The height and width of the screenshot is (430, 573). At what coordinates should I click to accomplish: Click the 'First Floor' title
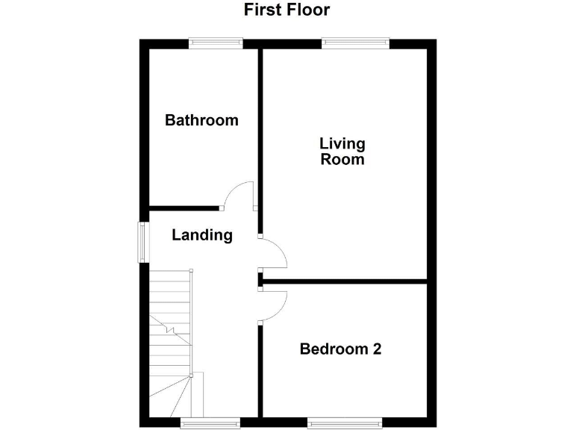[286, 10]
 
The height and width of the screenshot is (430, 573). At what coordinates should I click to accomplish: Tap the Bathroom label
[201, 120]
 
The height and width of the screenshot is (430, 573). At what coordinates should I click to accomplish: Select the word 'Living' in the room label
[342, 143]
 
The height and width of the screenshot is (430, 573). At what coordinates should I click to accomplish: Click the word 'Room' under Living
[342, 159]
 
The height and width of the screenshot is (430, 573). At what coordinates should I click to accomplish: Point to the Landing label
[202, 235]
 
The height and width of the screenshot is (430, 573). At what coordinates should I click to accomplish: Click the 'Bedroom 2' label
[340, 349]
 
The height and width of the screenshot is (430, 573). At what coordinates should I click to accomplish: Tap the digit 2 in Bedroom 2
[377, 349]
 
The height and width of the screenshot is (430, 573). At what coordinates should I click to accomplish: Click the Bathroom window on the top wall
[216, 43]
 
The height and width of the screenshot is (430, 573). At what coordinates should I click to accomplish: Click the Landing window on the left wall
[141, 242]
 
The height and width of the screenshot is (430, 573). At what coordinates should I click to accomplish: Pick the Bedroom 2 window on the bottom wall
[345, 423]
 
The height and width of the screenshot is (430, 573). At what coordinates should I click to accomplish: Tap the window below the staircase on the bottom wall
[210, 423]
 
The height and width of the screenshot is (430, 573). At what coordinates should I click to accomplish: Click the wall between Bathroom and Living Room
[260, 127]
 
